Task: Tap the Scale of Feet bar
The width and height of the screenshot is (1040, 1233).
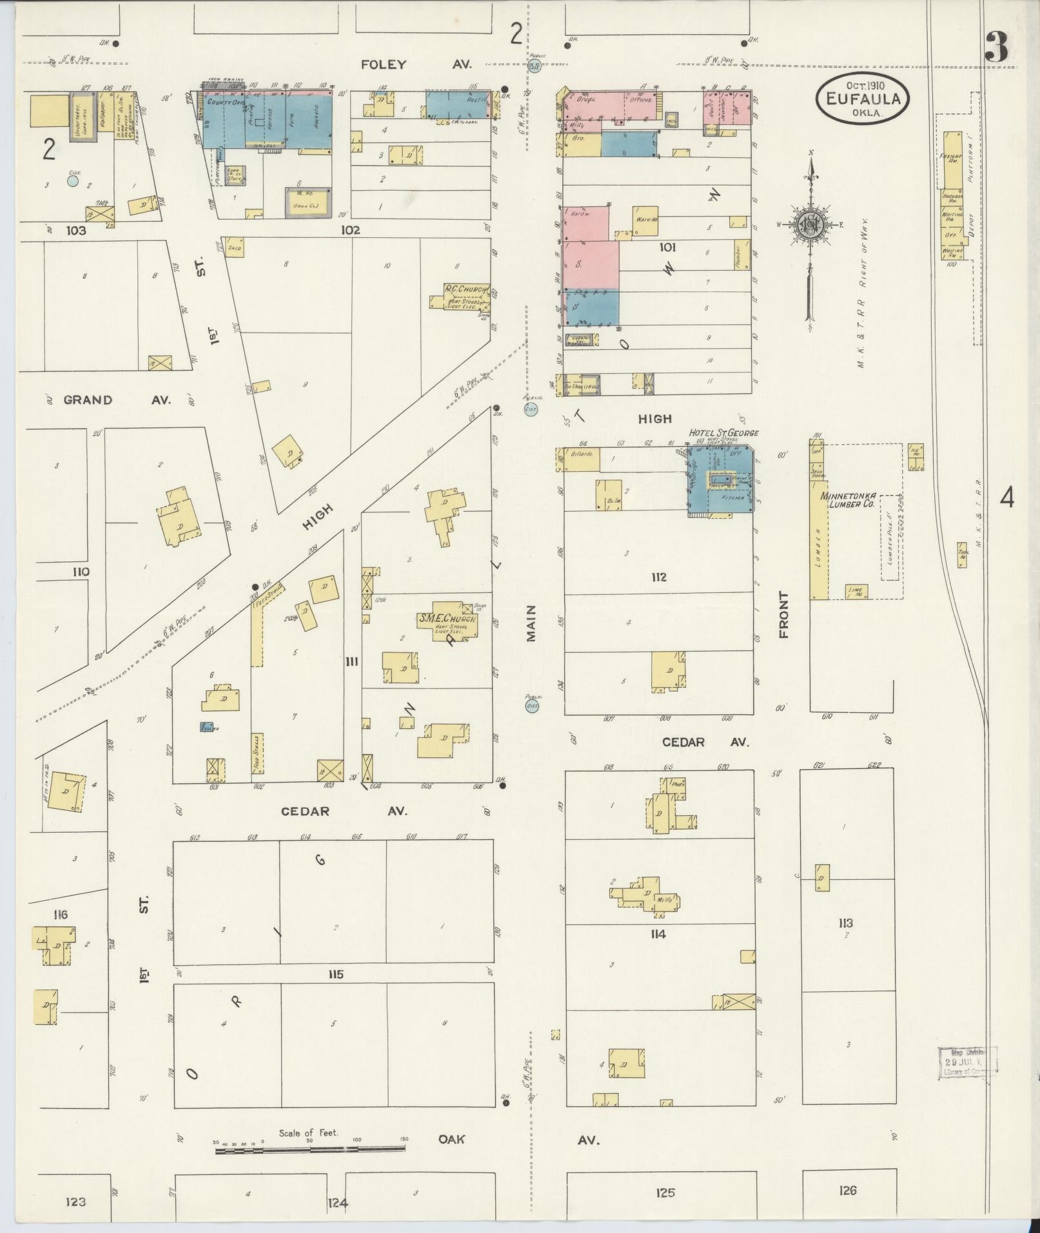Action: point(310,1148)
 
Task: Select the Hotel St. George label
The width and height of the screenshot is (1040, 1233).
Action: point(723,432)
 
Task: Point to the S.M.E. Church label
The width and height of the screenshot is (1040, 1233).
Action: point(447,619)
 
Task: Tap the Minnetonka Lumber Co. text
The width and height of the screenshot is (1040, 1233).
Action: point(847,500)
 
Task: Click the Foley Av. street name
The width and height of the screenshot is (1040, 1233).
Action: point(416,64)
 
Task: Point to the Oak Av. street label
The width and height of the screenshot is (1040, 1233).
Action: point(518,1139)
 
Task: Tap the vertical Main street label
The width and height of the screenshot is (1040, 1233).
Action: point(531,623)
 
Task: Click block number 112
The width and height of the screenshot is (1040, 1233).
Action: point(658,577)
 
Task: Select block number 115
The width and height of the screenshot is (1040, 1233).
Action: point(335,974)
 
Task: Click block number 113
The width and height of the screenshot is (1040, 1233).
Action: point(846,923)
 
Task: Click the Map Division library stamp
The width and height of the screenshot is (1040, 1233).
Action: point(966,1062)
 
